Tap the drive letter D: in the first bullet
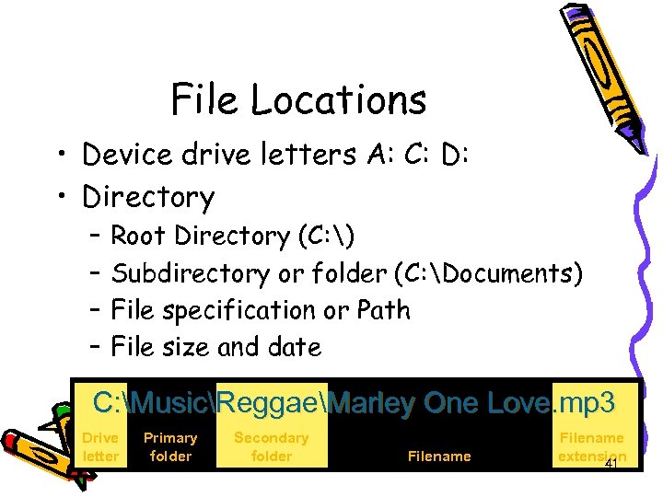[x=455, y=155]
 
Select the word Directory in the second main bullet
[x=148, y=197]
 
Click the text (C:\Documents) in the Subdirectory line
[x=487, y=273]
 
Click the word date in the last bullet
[x=296, y=347]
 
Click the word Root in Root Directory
[x=139, y=237]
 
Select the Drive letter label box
[x=100, y=447]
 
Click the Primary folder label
[x=170, y=447]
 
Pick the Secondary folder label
[x=271, y=447]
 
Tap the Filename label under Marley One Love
[x=439, y=457]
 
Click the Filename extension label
[x=591, y=447]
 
